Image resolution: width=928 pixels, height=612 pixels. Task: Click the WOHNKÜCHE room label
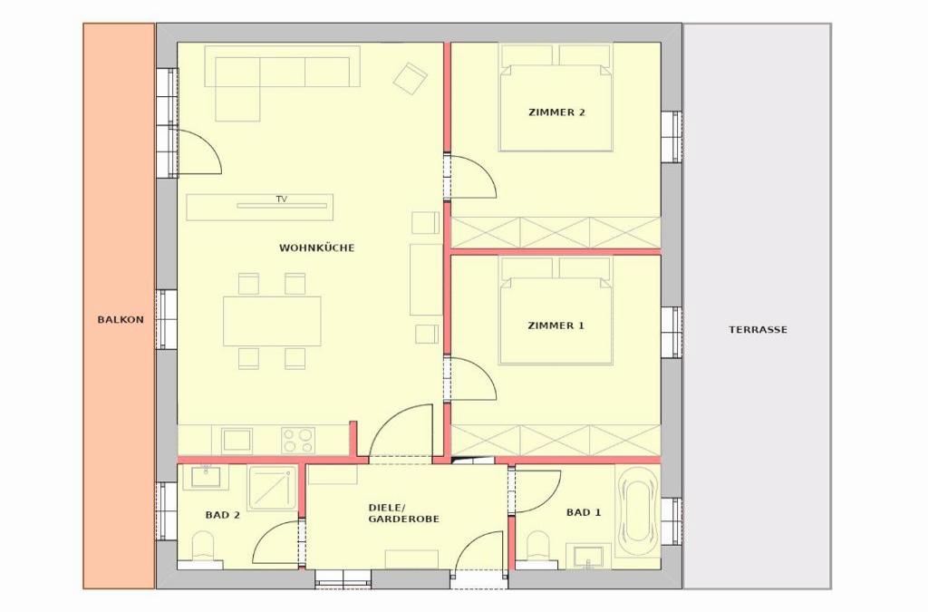[316, 248]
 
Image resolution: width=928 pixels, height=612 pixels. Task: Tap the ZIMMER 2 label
[556, 112]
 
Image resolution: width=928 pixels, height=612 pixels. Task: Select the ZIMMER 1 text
[556, 325]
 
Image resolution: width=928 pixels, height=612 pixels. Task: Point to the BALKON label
[121, 320]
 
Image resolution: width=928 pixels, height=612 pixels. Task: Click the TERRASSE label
[759, 330]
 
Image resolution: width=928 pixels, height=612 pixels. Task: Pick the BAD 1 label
[584, 512]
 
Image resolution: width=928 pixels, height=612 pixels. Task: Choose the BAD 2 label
[223, 515]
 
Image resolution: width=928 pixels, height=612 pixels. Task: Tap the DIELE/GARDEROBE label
[404, 513]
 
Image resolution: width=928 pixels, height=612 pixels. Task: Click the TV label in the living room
[282, 199]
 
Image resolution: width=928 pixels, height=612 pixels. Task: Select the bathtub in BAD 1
[637, 510]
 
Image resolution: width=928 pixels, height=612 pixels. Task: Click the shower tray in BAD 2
[272, 488]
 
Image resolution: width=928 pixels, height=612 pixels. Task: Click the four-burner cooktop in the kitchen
[297, 441]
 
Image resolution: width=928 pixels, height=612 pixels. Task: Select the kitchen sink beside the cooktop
[237, 441]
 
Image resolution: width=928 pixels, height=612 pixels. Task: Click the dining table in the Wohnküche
[272, 321]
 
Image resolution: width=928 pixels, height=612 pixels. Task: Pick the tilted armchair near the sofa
[411, 78]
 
